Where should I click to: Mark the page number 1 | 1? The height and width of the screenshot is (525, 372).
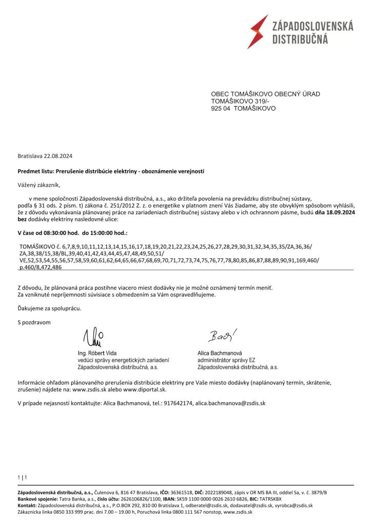coord(22,478)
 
